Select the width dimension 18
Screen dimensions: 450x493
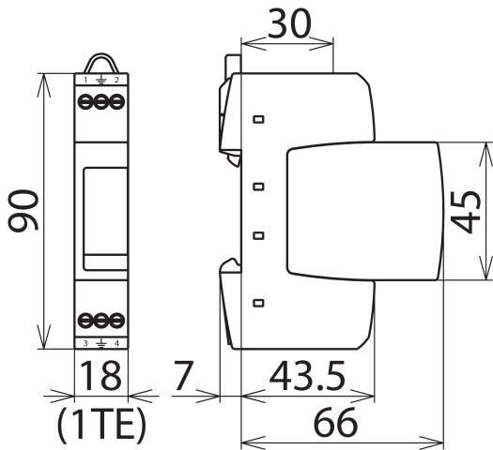point(100,377)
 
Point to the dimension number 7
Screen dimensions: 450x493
point(184,377)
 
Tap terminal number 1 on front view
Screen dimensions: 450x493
point(85,82)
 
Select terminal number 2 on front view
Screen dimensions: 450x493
point(116,82)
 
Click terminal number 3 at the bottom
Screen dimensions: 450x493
point(85,344)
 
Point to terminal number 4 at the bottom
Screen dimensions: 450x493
point(116,344)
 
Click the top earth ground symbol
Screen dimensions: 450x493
point(100,82)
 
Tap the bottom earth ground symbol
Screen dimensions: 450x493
point(100,344)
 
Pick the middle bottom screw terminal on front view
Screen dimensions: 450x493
point(100,319)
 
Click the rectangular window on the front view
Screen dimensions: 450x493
point(100,211)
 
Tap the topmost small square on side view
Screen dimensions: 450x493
point(258,120)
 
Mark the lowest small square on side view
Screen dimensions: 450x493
point(258,302)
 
